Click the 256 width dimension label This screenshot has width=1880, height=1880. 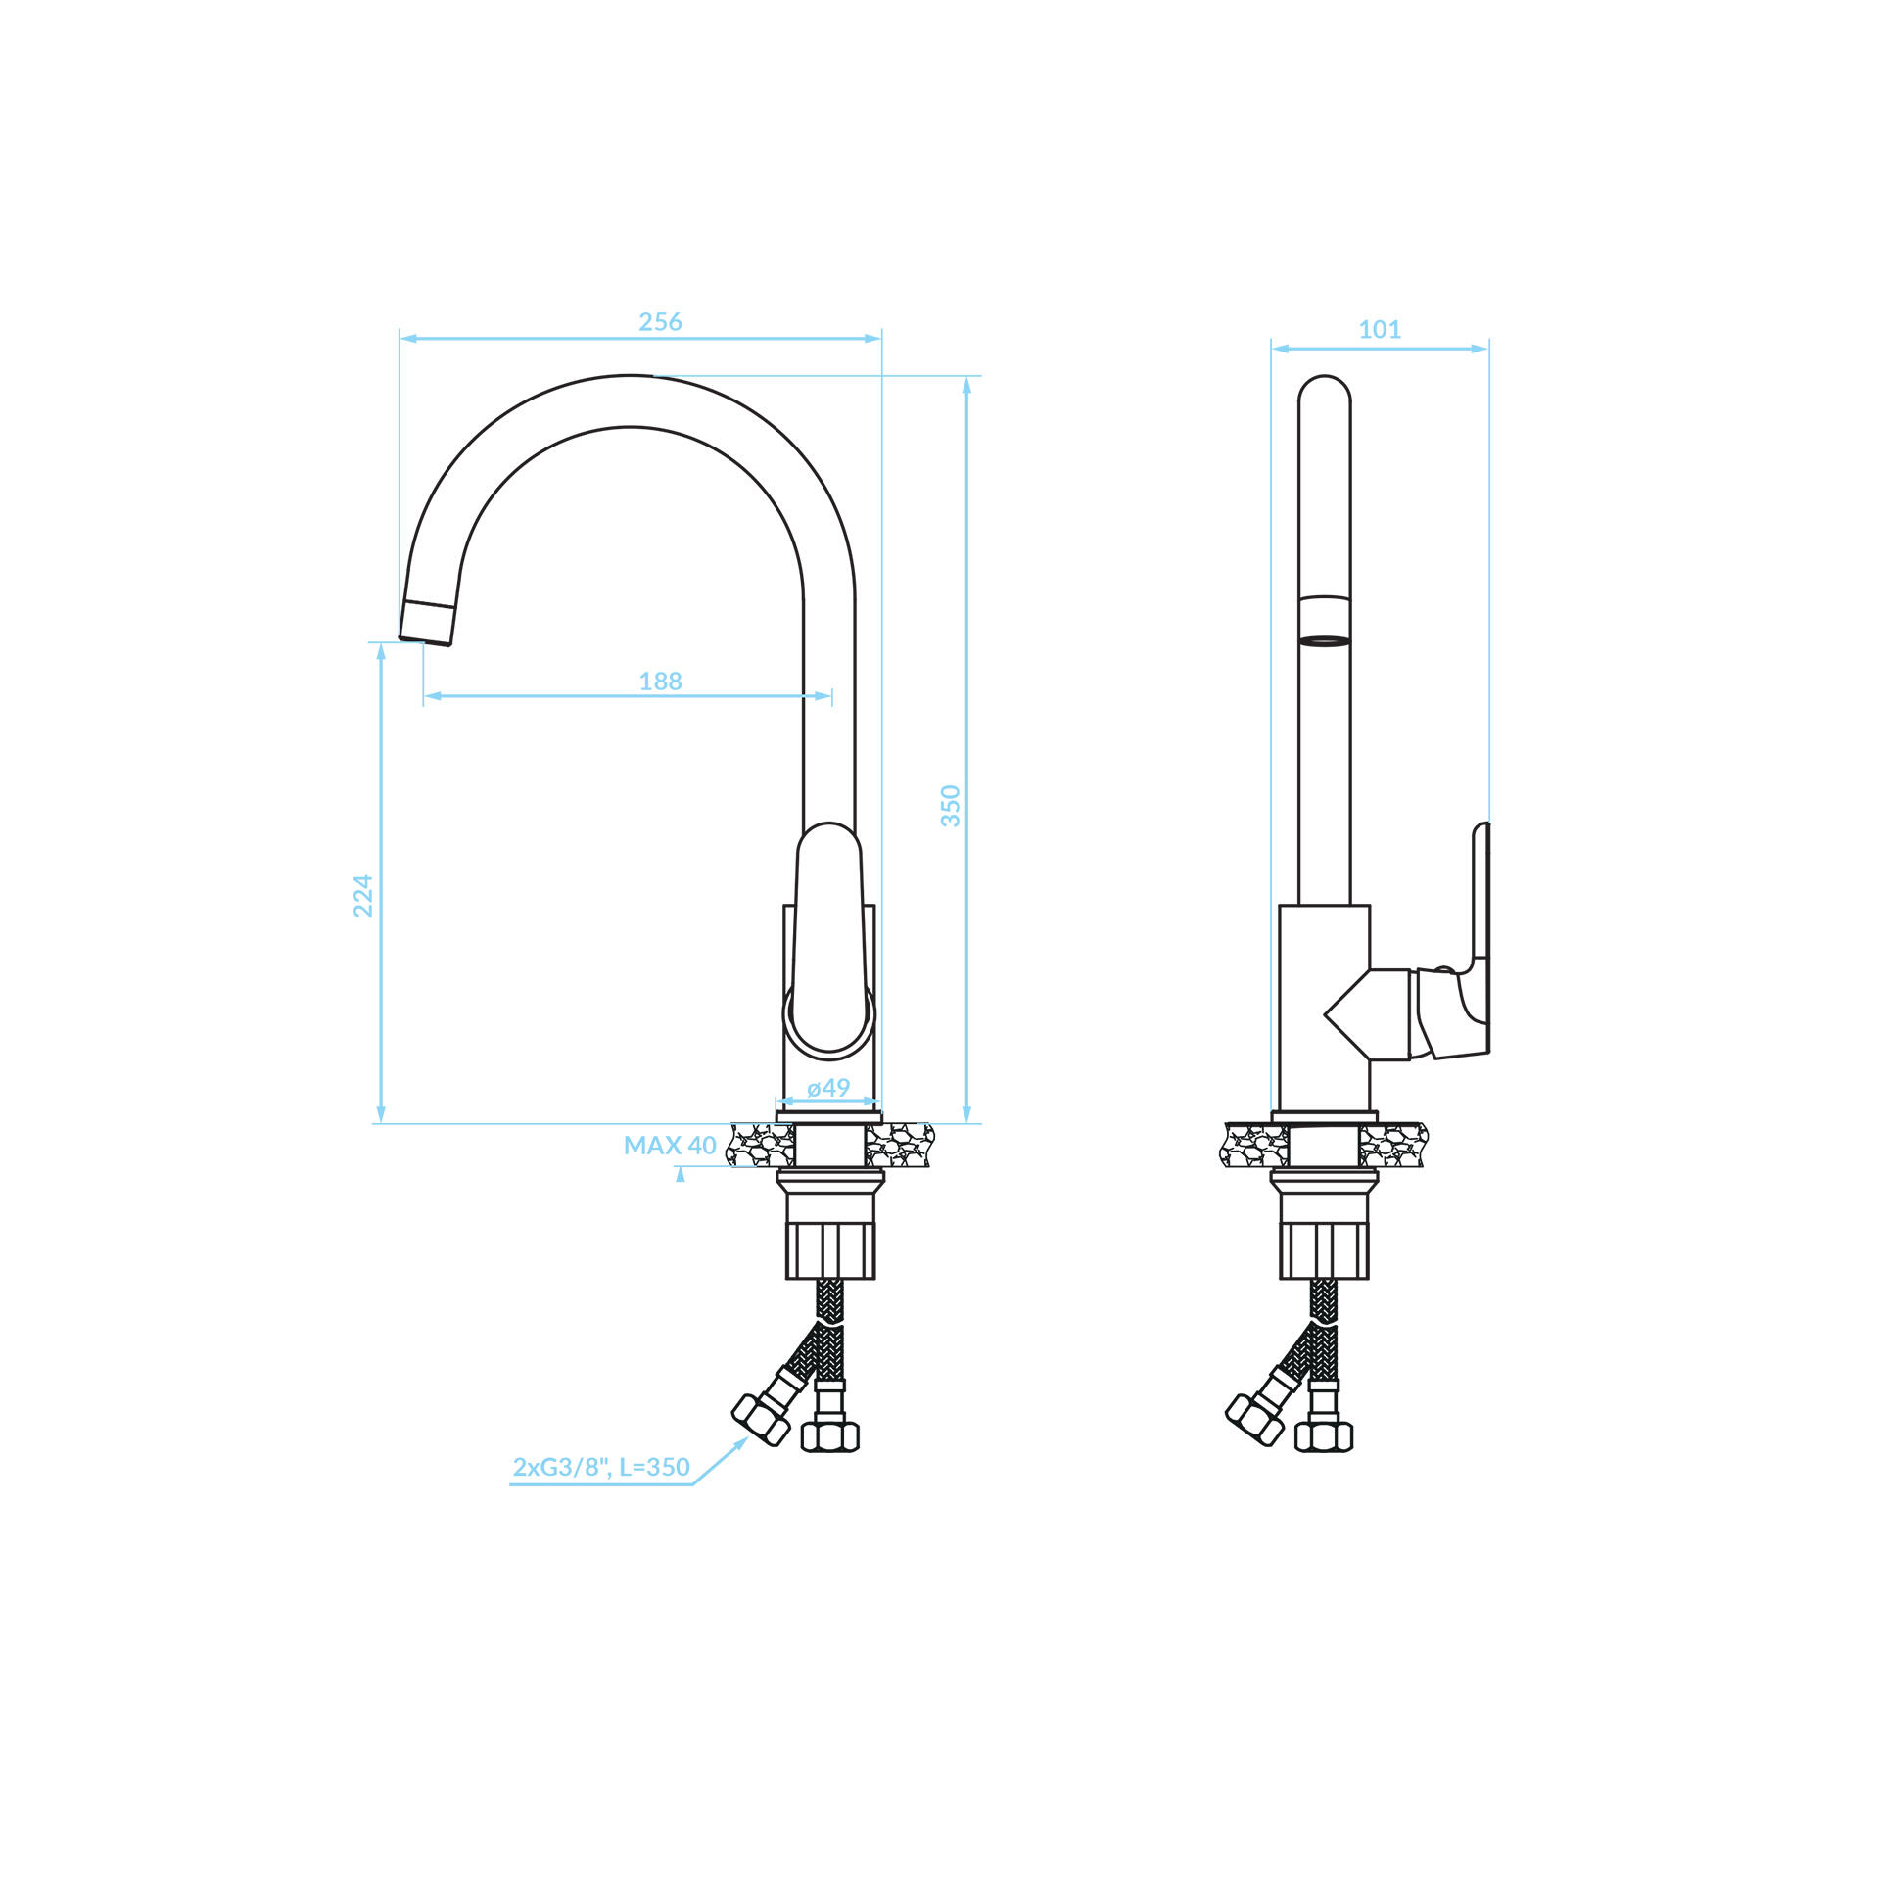click(660, 322)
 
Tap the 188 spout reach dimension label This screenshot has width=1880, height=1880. click(660, 681)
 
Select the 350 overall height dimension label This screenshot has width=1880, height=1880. click(951, 806)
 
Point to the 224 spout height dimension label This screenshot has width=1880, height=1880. click(363, 896)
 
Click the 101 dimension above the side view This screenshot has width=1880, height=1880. click(1380, 330)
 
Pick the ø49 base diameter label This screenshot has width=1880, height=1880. click(828, 1088)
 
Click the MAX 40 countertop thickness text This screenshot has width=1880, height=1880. click(670, 1146)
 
